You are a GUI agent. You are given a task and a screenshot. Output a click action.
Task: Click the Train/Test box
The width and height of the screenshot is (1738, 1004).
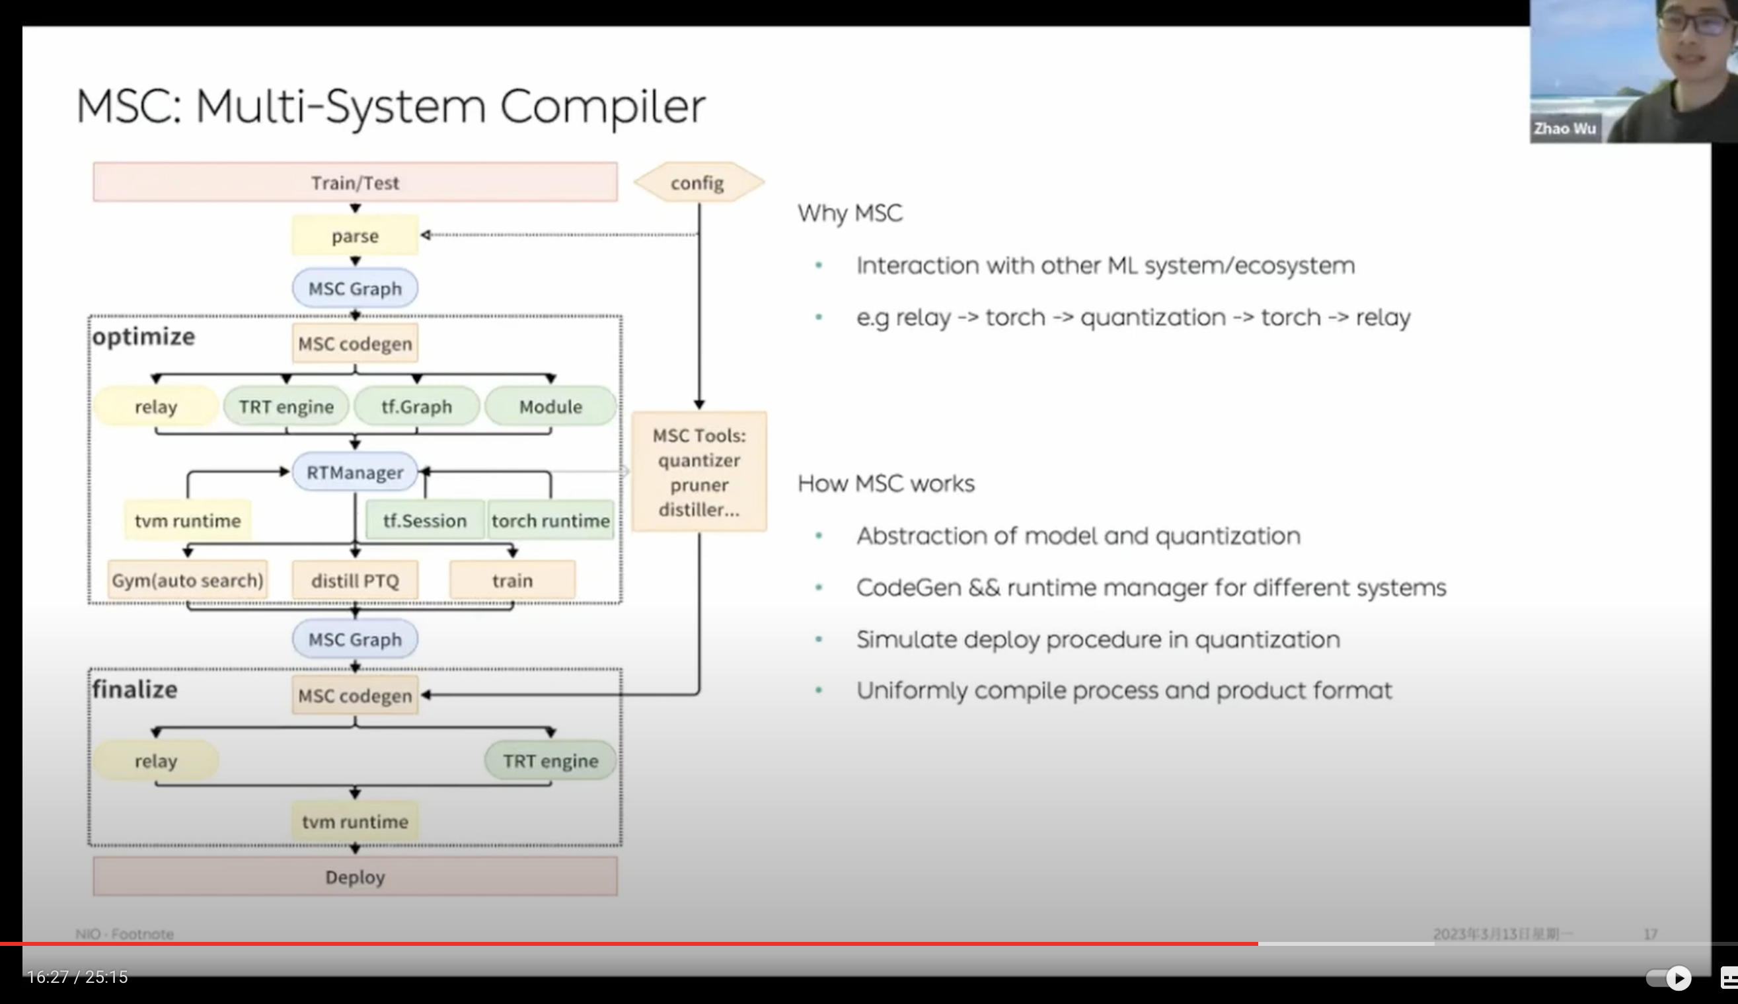pyautogui.click(x=355, y=183)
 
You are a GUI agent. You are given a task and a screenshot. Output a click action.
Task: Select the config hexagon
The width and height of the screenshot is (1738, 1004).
pyautogui.click(x=698, y=183)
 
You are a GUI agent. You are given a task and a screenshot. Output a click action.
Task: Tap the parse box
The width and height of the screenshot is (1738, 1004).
pyautogui.click(x=355, y=236)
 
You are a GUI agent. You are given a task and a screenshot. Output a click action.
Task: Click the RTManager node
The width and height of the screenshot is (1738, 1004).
pyautogui.click(x=355, y=472)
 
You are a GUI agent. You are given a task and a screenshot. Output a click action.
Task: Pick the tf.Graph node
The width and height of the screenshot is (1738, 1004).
pyautogui.click(x=416, y=407)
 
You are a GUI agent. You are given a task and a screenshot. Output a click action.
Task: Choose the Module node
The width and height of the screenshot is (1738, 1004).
pyautogui.click(x=550, y=407)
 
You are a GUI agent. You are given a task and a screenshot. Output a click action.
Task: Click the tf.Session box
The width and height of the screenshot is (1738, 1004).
pyautogui.click(x=425, y=520)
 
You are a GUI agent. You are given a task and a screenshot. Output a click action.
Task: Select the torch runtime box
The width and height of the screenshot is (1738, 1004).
pyautogui.click(x=550, y=520)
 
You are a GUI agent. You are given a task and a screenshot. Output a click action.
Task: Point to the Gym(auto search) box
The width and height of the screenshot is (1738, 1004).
pyautogui.click(x=188, y=580)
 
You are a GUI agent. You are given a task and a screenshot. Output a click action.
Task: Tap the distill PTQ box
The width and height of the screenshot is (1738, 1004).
pyautogui.click(x=355, y=580)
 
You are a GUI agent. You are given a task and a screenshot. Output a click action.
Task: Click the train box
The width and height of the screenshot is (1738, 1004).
pyautogui.click(x=512, y=580)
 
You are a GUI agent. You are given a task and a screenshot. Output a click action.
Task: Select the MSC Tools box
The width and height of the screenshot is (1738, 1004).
pyautogui.click(x=699, y=472)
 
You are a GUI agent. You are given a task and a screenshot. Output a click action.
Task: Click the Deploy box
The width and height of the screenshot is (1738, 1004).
pyautogui.click(x=355, y=877)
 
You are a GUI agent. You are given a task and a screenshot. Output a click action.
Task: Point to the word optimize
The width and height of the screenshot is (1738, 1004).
pyautogui.click(x=143, y=336)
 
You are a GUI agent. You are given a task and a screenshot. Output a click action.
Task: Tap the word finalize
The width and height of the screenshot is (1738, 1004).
pyautogui.click(x=135, y=689)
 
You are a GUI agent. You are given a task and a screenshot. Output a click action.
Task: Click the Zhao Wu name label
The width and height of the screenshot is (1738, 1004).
pyautogui.click(x=1564, y=128)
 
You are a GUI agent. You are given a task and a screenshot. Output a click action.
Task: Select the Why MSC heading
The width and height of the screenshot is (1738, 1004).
pyautogui.click(x=850, y=213)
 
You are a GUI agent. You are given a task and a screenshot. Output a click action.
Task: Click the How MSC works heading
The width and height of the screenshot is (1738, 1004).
pyautogui.click(x=886, y=484)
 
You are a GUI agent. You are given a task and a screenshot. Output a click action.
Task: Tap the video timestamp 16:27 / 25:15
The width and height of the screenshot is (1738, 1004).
pyautogui.click(x=77, y=976)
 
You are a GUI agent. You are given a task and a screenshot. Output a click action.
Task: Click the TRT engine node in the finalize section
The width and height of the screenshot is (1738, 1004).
pyautogui.click(x=550, y=760)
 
